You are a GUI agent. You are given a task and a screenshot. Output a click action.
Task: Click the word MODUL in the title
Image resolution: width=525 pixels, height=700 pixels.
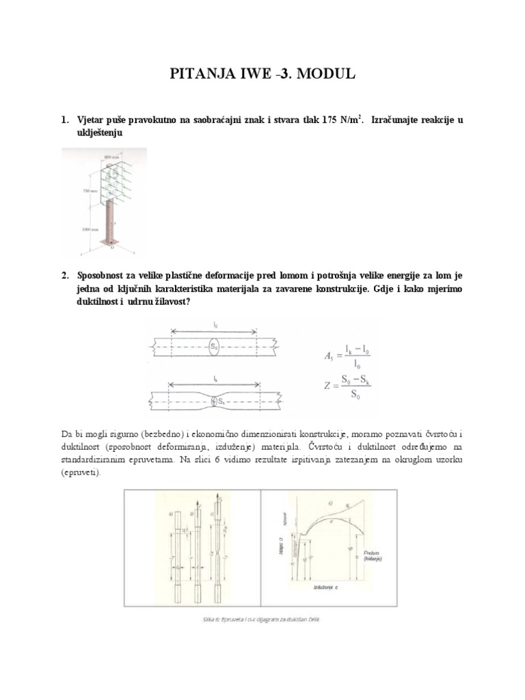coord(322,75)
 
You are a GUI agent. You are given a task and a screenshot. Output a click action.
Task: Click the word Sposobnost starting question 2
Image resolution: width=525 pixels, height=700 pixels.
coord(111,275)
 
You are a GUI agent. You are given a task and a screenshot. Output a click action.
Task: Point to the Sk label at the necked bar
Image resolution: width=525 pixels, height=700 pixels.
coord(219,401)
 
